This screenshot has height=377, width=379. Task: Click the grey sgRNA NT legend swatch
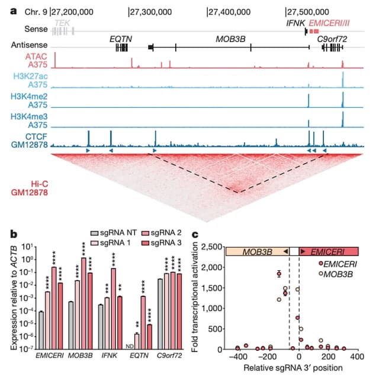tap(95, 234)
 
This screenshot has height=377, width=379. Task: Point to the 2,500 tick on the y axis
tap(211, 246)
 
